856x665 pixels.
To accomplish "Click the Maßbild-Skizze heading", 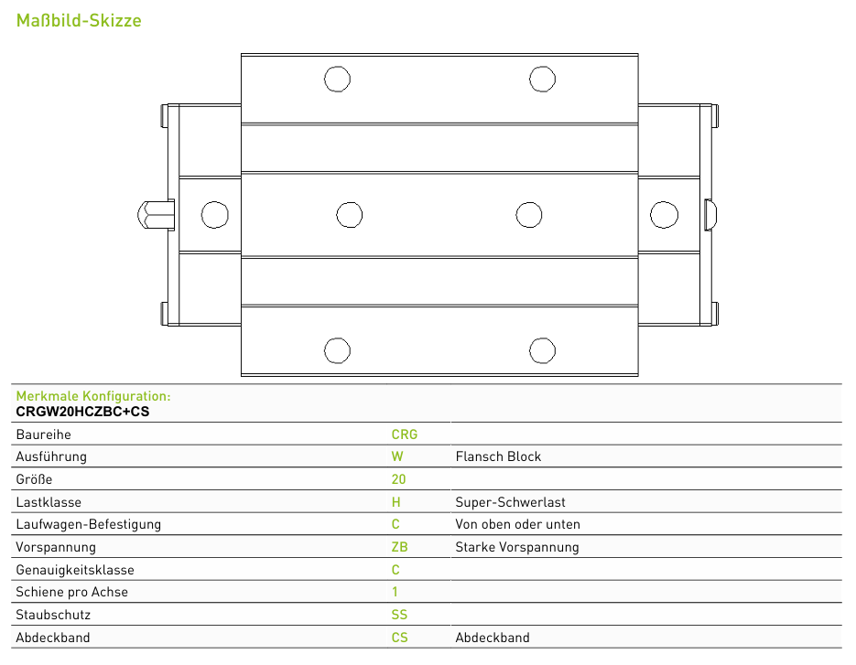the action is click(x=79, y=20).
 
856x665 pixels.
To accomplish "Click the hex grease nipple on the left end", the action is click(x=157, y=214).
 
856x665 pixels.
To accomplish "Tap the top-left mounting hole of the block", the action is click(x=337, y=79).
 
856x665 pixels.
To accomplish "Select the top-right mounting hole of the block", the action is click(x=542, y=79).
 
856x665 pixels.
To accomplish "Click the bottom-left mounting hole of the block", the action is click(x=337, y=350).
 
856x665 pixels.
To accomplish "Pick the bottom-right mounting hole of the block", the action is click(x=542, y=350).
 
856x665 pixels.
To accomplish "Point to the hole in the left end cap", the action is click(x=214, y=214).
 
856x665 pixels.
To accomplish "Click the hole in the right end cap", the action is click(x=664, y=214).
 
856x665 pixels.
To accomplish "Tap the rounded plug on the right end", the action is click(x=710, y=214).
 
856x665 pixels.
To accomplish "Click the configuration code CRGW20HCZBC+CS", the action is click(x=82, y=412).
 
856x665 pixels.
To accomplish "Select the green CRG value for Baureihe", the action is click(x=405, y=434).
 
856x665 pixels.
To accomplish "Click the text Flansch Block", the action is click(x=498, y=456).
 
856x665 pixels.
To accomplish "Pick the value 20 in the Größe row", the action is click(x=398, y=479).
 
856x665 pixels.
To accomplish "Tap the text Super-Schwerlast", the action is click(x=510, y=502).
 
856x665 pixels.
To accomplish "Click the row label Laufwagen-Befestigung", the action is click(x=89, y=524).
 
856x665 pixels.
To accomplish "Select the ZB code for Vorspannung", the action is click(x=399, y=547).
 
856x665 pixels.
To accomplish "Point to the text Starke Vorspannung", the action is click(x=517, y=547).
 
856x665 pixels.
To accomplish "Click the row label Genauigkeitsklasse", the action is click(x=75, y=570).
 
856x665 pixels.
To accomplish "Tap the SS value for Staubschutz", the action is click(x=399, y=615).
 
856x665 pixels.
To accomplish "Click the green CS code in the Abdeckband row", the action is click(x=399, y=638).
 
